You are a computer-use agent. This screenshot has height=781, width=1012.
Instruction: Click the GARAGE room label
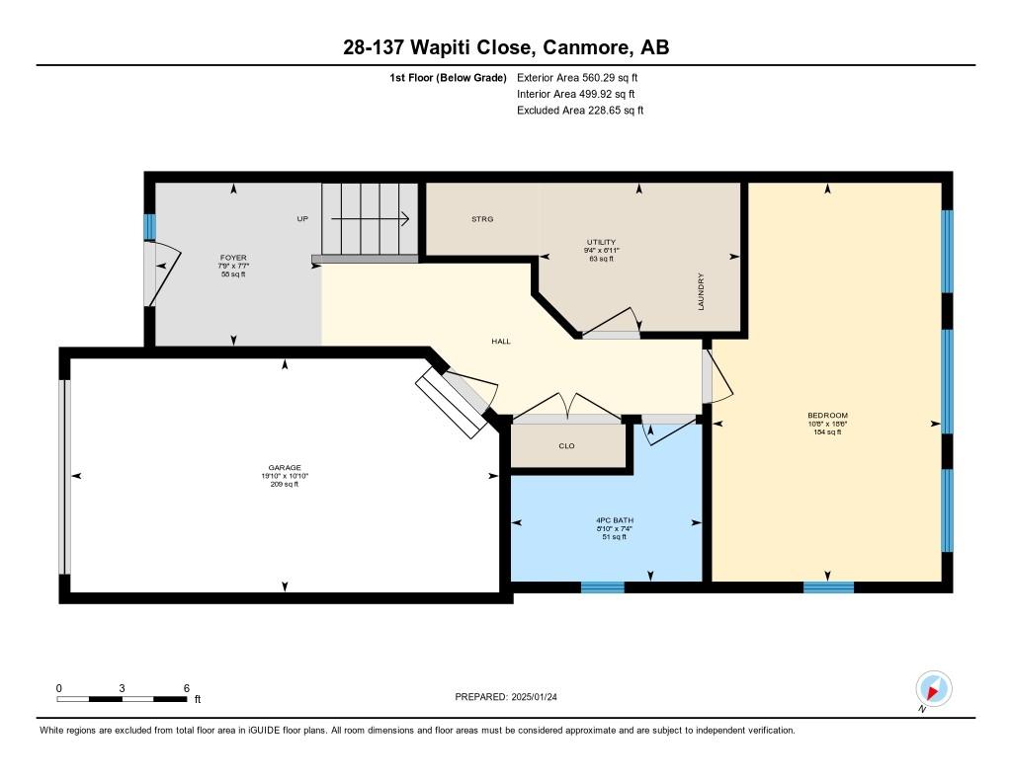[285, 468]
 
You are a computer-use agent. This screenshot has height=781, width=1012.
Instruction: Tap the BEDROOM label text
[827, 416]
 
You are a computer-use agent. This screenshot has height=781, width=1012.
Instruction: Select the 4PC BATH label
[615, 519]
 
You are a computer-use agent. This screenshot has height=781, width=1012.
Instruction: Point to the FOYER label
[233, 258]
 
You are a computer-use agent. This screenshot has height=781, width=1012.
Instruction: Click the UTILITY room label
[601, 242]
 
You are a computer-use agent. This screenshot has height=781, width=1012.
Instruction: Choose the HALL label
[501, 342]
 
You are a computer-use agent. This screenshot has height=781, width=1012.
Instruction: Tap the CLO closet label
[566, 445]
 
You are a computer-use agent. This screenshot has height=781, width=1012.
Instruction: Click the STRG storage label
[482, 219]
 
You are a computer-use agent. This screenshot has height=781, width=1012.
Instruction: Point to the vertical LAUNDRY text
[701, 291]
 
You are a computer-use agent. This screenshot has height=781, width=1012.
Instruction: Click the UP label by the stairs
[302, 218]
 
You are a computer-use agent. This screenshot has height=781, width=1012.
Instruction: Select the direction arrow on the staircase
[370, 218]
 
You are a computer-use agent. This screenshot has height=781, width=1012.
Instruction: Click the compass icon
[933, 688]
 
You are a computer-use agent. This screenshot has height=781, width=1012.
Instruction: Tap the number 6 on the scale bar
[187, 688]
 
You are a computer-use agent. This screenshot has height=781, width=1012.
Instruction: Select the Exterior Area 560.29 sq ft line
[577, 77]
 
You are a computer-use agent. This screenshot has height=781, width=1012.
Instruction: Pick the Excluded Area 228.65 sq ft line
[580, 111]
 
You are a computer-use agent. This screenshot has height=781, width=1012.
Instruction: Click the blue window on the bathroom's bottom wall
[603, 586]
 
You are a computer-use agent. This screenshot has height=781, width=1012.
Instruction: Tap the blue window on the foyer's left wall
[150, 227]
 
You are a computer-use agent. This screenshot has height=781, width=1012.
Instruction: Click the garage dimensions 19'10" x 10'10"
[285, 476]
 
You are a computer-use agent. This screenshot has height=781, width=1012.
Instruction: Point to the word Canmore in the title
[587, 47]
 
